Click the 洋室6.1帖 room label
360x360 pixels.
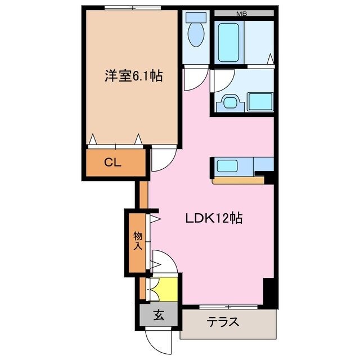click(x=133, y=75)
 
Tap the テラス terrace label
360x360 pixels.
click(x=223, y=322)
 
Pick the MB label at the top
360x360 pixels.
click(x=240, y=12)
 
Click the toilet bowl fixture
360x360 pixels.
click(x=196, y=32)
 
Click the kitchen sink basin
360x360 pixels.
click(x=228, y=166)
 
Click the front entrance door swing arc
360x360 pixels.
click(x=159, y=340)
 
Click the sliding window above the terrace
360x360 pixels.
click(x=230, y=307)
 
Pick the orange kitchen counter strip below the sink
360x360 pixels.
click(x=238, y=181)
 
